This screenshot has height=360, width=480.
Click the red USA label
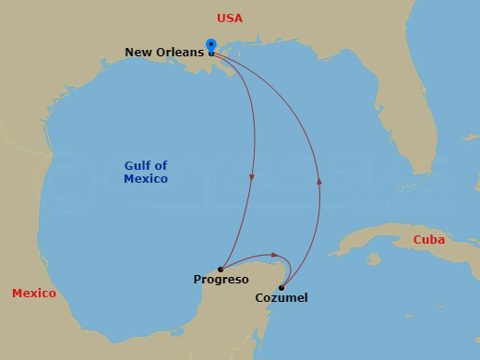tap(231, 18)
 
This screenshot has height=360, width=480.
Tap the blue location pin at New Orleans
tap(211, 45)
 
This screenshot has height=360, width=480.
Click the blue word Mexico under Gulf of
tap(146, 179)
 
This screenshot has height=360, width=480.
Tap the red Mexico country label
tap(34, 294)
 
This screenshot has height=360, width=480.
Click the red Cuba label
tap(429, 239)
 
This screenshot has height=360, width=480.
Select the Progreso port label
tap(221, 280)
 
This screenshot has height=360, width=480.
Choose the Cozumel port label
tap(282, 298)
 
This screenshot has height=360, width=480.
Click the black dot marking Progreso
tap(221, 270)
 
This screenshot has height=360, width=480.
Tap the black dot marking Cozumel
tap(282, 288)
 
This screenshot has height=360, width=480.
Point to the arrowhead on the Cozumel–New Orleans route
tap(318, 181)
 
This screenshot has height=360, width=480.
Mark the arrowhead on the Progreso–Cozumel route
tap(274, 255)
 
